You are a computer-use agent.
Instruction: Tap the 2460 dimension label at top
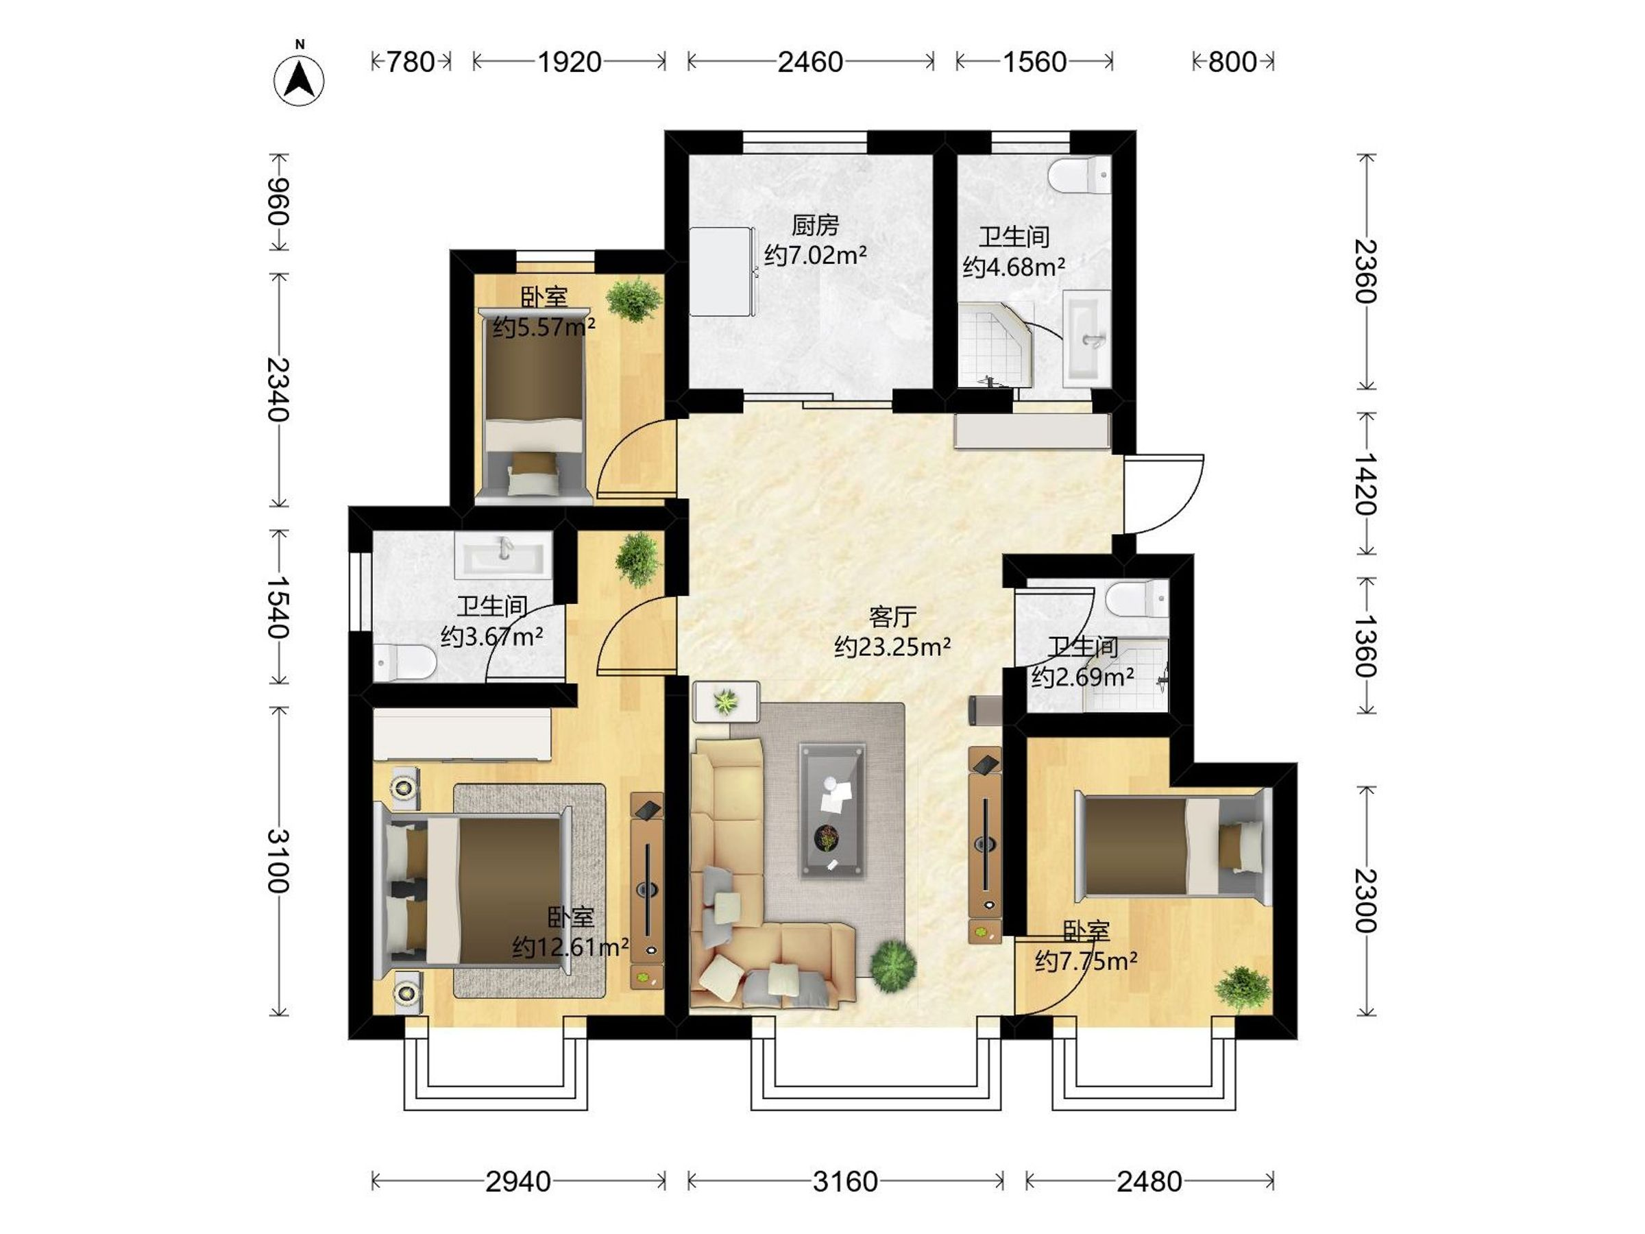pyautogui.click(x=810, y=62)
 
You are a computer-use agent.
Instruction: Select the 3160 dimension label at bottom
pyautogui.click(x=845, y=1181)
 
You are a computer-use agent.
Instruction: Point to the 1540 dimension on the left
pyautogui.click(x=279, y=607)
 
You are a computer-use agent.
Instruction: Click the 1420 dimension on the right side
pyautogui.click(x=1365, y=483)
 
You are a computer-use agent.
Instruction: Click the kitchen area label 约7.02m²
pyautogui.click(x=815, y=255)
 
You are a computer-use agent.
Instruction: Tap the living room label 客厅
pyautogui.click(x=892, y=616)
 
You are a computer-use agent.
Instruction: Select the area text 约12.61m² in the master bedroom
pyautogui.click(x=570, y=947)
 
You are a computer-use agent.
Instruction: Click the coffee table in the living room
pyautogui.click(x=832, y=811)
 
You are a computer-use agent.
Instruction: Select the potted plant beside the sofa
pyautogui.click(x=892, y=965)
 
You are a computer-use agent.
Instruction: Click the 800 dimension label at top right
pyautogui.click(x=1232, y=62)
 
